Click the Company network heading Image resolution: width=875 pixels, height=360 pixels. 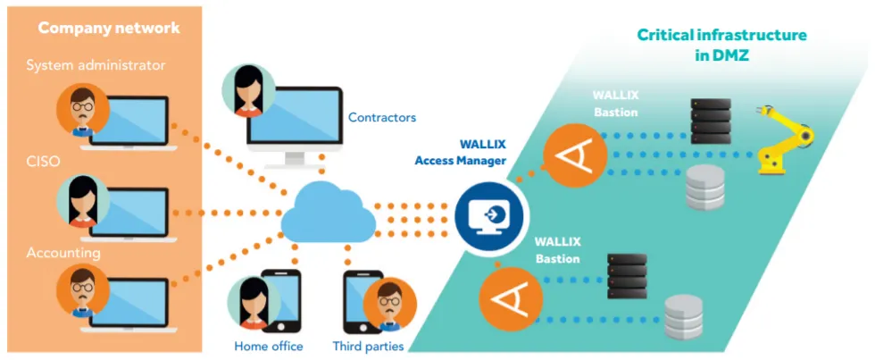(x=108, y=28)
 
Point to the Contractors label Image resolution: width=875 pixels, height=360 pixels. (x=381, y=117)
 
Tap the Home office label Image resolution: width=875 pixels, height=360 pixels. (x=268, y=346)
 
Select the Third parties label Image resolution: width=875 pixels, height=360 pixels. (x=368, y=346)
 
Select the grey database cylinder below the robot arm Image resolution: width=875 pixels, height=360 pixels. (x=704, y=190)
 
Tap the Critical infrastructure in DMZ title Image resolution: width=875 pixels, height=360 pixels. (x=721, y=45)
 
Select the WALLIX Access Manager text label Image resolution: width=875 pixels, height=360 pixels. (x=460, y=152)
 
